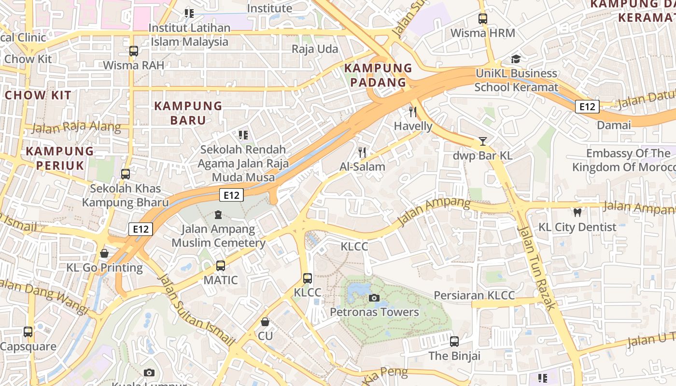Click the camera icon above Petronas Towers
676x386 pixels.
click(x=374, y=298)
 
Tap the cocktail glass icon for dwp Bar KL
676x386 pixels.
click(x=482, y=141)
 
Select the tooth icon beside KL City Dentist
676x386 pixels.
click(x=577, y=212)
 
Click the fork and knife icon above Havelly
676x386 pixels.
click(x=413, y=112)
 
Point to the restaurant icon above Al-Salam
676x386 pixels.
click(x=362, y=152)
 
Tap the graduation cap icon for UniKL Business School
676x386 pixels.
click(x=516, y=59)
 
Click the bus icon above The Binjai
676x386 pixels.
click(x=454, y=342)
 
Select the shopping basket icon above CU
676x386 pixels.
click(x=265, y=321)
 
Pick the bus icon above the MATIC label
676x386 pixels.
click(x=221, y=265)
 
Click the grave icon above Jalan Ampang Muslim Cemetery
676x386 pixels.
click(x=218, y=214)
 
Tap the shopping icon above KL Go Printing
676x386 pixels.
click(x=104, y=253)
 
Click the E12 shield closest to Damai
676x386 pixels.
click(x=587, y=107)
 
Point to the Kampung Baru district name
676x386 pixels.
click(x=188, y=113)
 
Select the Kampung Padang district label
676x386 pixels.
click(x=378, y=75)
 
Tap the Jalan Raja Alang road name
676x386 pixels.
click(x=76, y=127)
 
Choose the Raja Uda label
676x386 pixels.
click(x=315, y=49)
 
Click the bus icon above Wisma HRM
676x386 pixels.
click(x=482, y=19)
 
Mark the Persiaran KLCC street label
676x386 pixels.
click(x=474, y=295)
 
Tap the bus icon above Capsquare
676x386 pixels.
click(x=28, y=332)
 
